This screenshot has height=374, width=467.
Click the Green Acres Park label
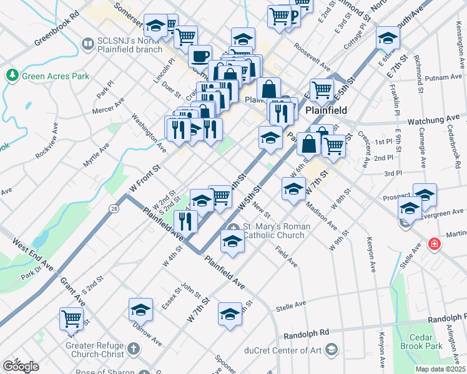56,76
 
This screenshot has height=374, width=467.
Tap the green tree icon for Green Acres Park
12,75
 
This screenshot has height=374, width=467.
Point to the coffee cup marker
199,57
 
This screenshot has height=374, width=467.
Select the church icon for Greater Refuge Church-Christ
133,348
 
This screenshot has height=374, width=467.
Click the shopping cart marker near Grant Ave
71,318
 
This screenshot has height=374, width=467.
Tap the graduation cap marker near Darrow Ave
141,309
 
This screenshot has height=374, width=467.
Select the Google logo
21,367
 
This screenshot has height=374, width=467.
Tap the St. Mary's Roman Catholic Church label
273,231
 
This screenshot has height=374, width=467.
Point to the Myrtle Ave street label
96,155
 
